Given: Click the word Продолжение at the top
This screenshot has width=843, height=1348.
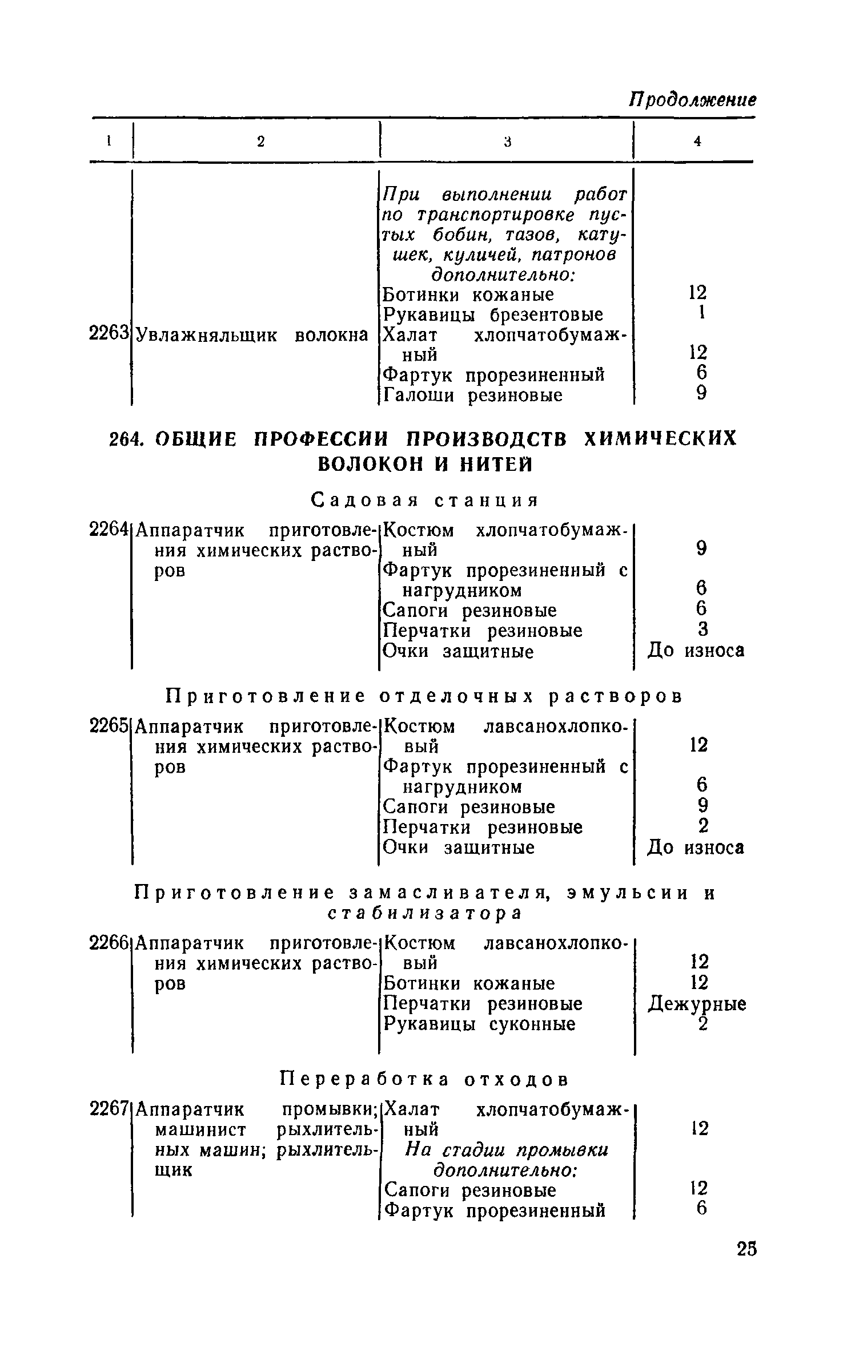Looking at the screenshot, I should [692, 99].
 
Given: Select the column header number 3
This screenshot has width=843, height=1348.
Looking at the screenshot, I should [507, 142].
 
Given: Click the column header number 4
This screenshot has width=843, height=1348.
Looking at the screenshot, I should [697, 142].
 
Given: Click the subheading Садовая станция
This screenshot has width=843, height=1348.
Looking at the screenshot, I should [425, 501].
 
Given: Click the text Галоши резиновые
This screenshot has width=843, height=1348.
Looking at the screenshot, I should [473, 395].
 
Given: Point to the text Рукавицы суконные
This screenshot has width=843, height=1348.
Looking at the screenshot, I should [479, 1024].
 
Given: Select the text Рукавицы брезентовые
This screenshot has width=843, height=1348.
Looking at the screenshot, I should [493, 314].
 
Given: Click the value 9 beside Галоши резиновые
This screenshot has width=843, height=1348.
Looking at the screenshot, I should [702, 394].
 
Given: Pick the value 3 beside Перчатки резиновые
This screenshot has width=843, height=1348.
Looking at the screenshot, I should [703, 629].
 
